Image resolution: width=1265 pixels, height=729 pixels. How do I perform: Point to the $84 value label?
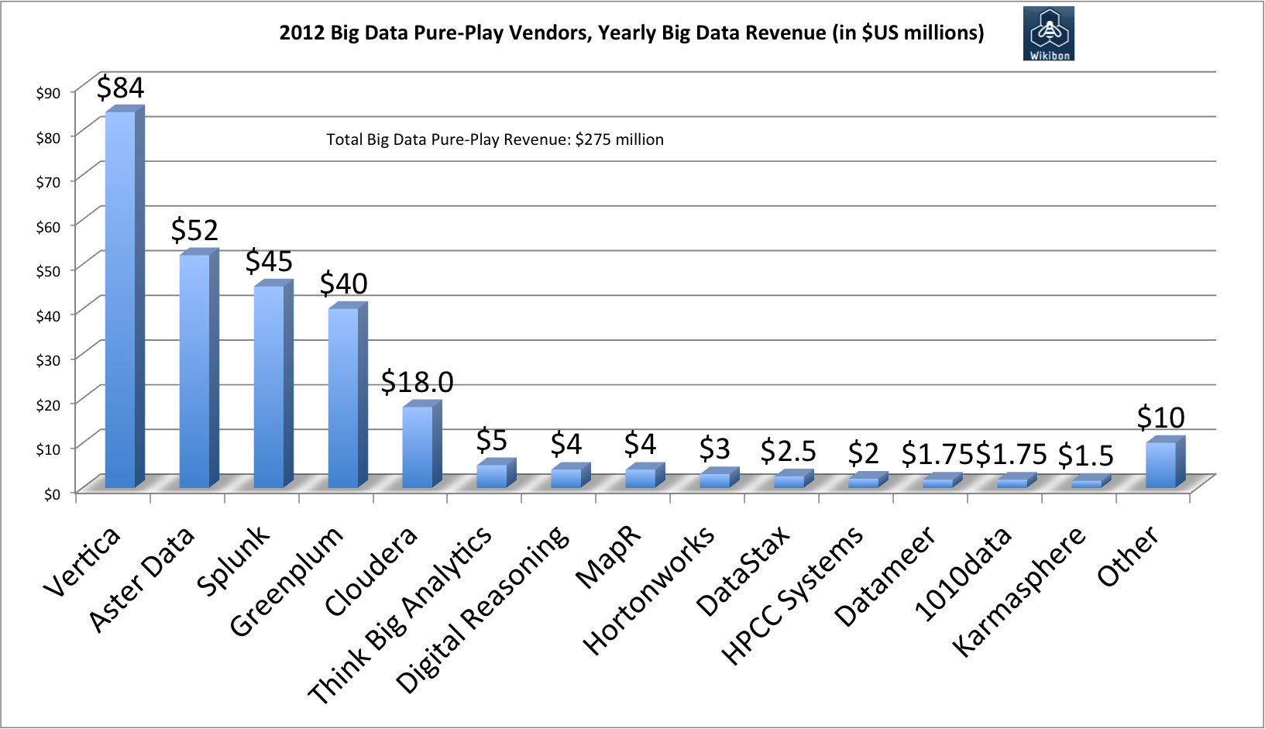120,88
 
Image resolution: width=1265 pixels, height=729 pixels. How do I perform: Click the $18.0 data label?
417,382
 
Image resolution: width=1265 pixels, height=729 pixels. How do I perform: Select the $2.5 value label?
788,450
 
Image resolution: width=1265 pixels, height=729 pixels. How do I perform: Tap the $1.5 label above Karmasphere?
1085,456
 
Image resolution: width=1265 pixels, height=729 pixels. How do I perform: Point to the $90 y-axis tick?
48,93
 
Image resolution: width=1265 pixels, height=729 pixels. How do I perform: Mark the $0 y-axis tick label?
52,494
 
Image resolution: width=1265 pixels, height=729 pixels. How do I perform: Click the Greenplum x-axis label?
286,581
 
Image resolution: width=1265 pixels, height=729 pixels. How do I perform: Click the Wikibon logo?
1048,33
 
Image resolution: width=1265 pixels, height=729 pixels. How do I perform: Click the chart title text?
631,33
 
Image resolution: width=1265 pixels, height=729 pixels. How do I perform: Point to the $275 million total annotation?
495,139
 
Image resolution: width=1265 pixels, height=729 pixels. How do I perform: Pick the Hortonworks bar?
714,480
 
